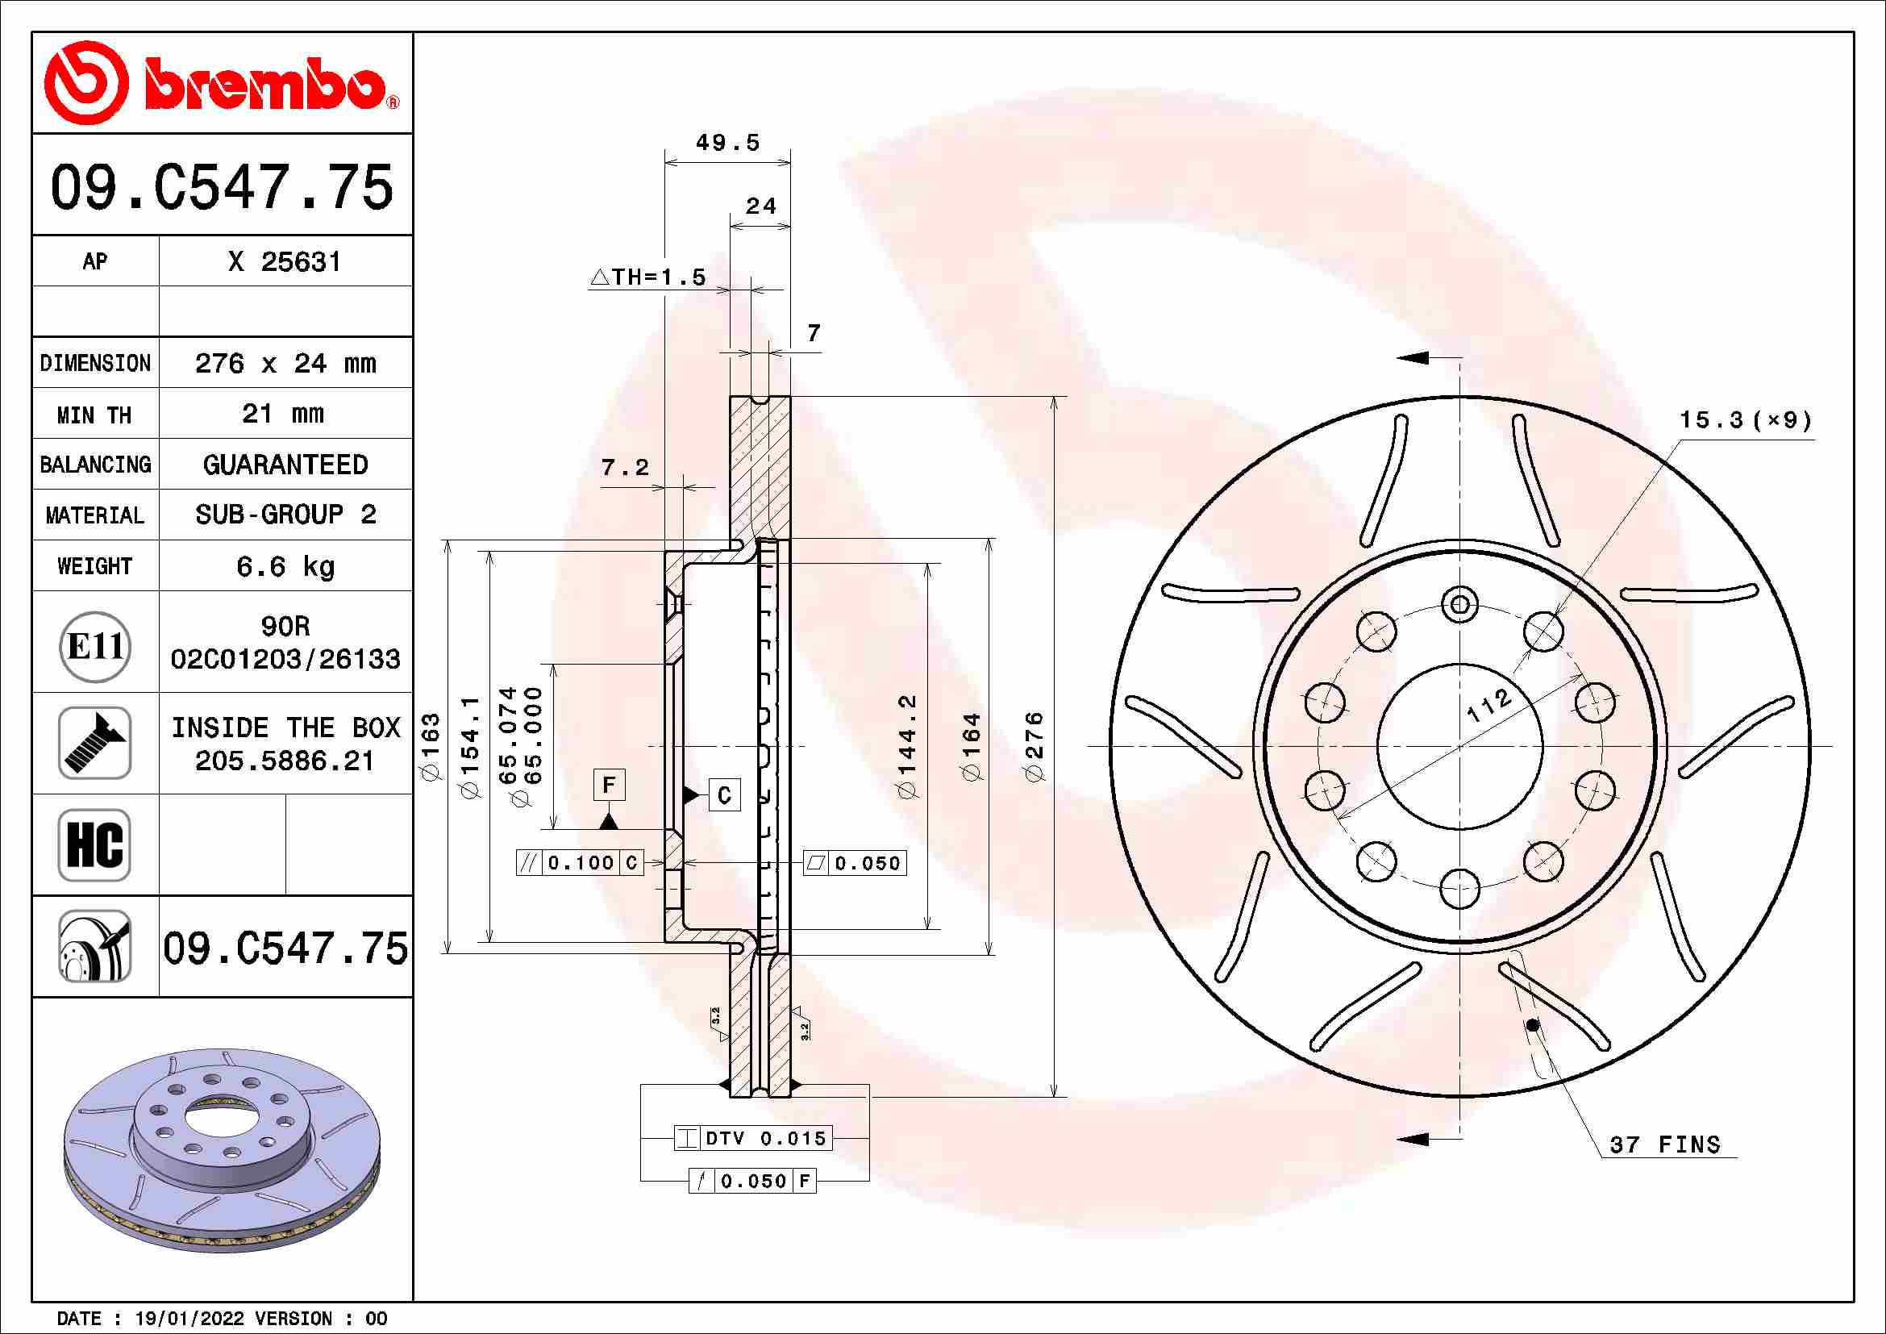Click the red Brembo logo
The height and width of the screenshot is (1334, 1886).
tap(220, 83)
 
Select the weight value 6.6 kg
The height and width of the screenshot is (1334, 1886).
tap(284, 566)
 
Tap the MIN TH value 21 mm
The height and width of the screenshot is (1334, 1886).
tap(282, 413)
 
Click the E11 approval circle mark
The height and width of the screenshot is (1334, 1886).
tap(95, 647)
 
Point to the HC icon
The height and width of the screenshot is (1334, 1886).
tap(94, 844)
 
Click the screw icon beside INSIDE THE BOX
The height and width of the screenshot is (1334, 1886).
tap(94, 743)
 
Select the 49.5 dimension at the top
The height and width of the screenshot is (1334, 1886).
tap(727, 143)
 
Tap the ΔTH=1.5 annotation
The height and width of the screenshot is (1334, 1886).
tap(649, 277)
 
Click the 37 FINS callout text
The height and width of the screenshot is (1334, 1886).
tap(1664, 1144)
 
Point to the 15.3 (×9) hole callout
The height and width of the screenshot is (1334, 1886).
tap(1744, 420)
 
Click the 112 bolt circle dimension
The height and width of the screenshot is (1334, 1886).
tap(1488, 705)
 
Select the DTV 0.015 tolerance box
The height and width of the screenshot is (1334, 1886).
tap(753, 1138)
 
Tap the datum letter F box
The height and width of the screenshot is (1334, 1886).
tap(609, 785)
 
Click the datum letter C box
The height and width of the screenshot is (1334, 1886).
tap(723, 794)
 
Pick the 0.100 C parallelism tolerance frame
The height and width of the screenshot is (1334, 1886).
tap(579, 862)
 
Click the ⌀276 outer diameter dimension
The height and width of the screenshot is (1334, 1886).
tap(1035, 746)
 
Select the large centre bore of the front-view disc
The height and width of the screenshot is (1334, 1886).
tap(1459, 746)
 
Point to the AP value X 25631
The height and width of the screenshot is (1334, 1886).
tap(284, 261)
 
